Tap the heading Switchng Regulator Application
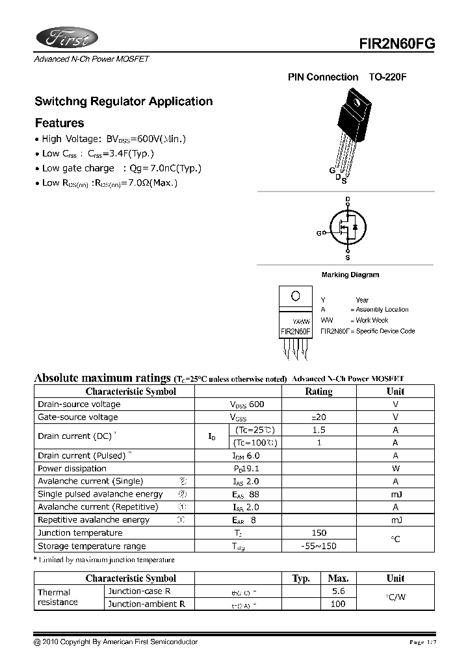pos(123,102)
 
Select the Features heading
pos(59,123)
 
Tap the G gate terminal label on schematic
pos(319,233)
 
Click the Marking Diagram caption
pos(350,275)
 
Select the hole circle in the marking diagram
pos(296,296)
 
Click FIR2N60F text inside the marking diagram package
pos(296,332)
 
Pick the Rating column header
pos(318,391)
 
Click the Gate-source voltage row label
pos(78,417)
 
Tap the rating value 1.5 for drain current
pos(318,430)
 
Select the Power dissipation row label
pos(72,469)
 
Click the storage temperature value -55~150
pos(318,546)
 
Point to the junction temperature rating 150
pos(318,533)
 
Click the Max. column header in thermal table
pos(338,578)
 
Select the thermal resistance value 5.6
pos(338,591)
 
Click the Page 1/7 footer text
pos(422,642)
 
